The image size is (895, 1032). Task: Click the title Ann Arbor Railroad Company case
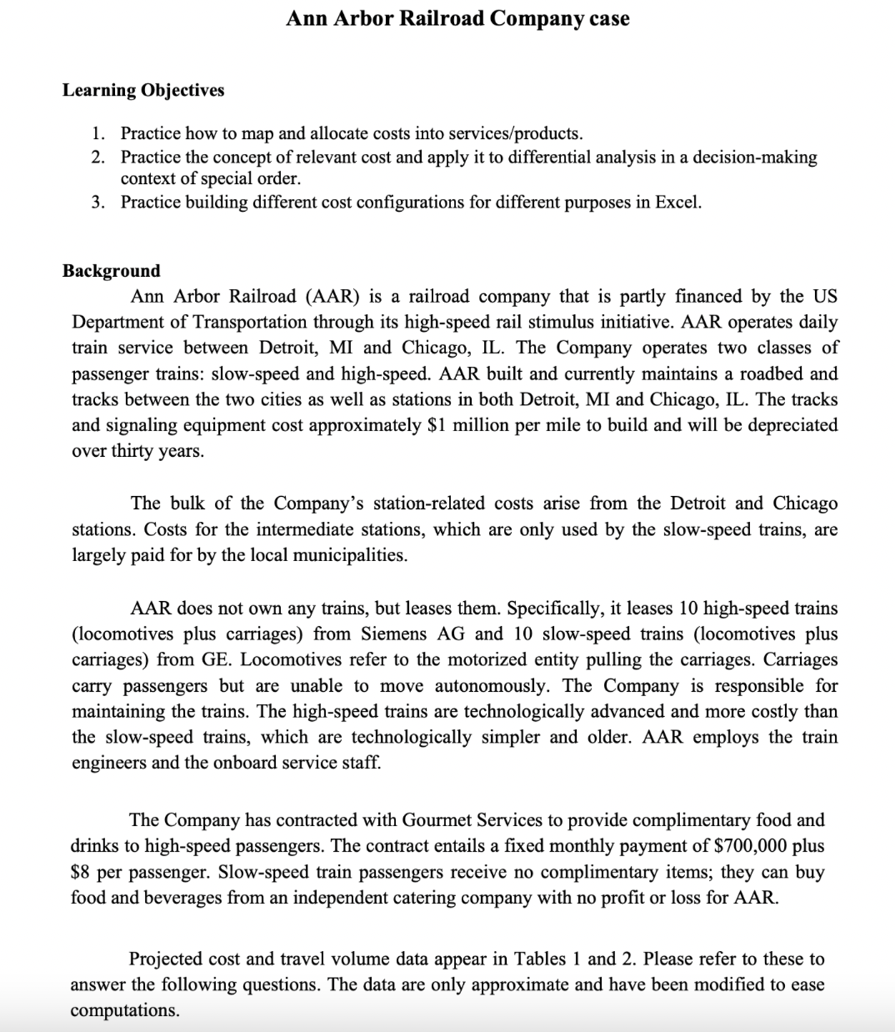coord(457,18)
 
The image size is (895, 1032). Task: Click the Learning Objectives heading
coord(143,90)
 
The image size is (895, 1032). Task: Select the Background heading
coord(112,271)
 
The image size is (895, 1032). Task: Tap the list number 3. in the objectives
coord(99,202)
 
